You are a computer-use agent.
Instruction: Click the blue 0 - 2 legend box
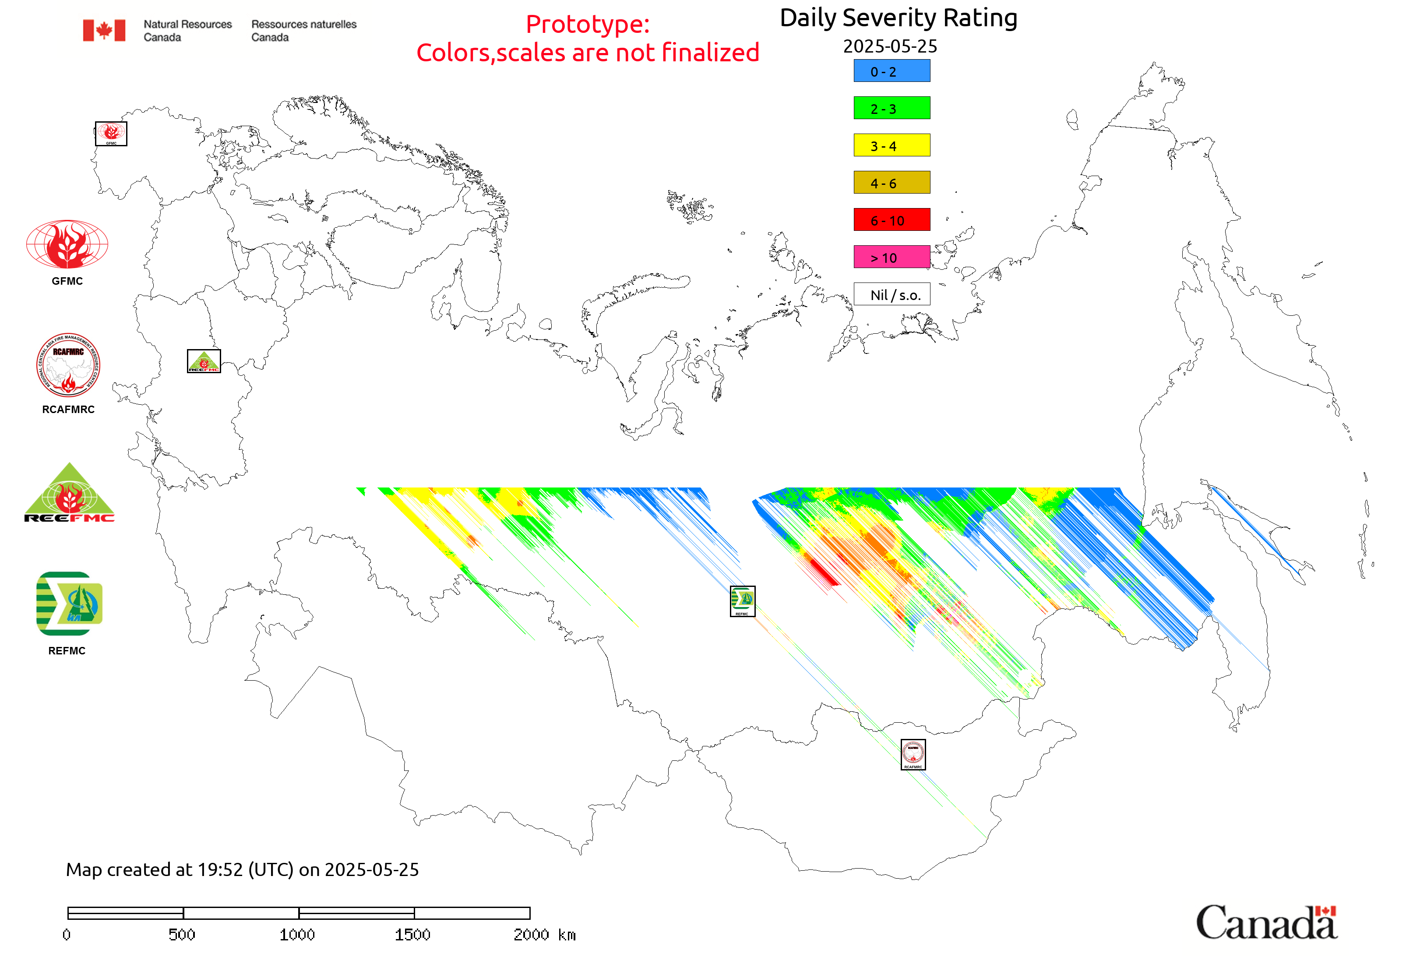click(891, 71)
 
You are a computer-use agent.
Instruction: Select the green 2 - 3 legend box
click(891, 108)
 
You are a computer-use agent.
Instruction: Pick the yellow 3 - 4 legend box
click(891, 145)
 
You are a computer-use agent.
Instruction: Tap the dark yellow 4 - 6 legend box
click(891, 183)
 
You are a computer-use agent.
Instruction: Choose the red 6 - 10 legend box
click(891, 220)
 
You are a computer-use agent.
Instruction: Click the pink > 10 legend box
click(891, 257)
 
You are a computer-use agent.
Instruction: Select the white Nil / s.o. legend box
click(891, 294)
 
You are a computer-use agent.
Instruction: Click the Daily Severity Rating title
click(898, 18)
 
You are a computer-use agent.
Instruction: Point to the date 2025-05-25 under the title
click(889, 46)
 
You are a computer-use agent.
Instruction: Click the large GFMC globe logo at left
click(67, 244)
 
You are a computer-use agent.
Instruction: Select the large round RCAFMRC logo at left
click(68, 365)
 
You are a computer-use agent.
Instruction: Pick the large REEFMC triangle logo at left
click(69, 494)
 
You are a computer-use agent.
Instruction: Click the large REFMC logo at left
click(69, 604)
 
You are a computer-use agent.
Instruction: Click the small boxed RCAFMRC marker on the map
click(913, 754)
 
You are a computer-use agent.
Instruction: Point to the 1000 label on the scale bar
click(297, 935)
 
